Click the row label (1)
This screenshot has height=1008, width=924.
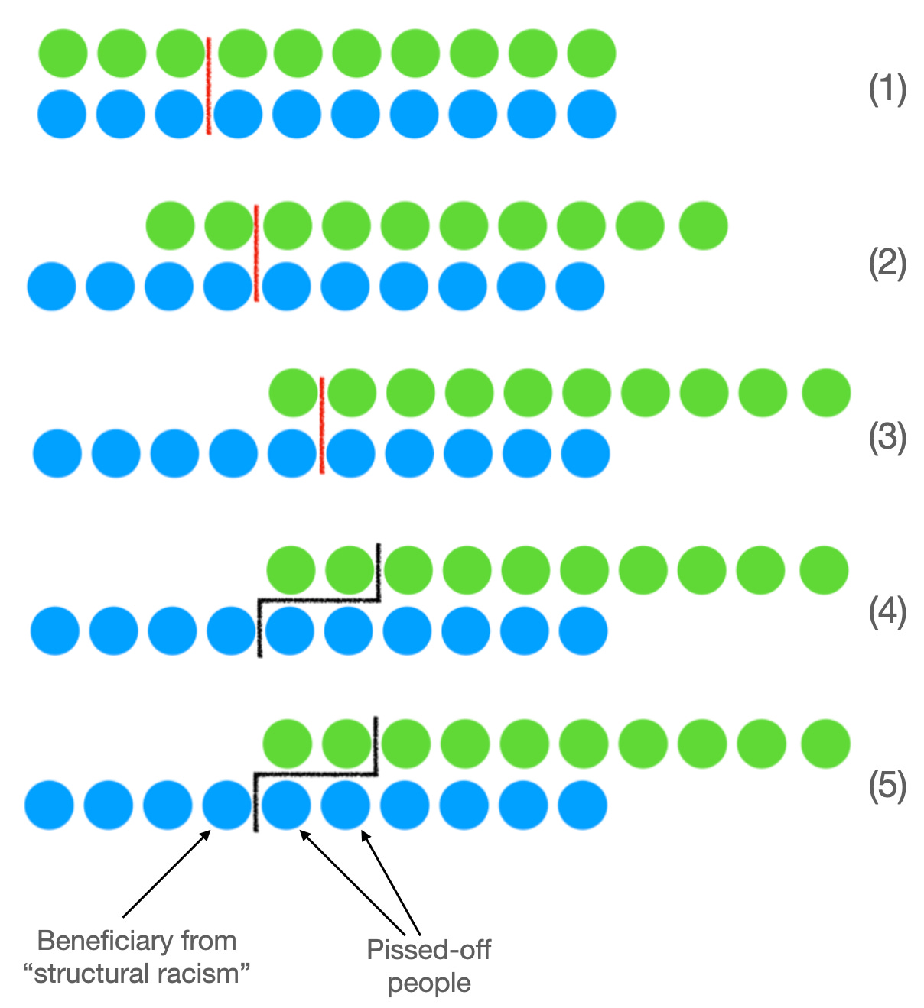pos(887,90)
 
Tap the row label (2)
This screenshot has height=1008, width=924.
pos(887,264)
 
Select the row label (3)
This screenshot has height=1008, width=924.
pos(887,438)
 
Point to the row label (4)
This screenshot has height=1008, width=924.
pos(887,611)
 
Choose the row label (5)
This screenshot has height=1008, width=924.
pos(887,785)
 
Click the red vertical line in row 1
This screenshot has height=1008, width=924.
pos(208,86)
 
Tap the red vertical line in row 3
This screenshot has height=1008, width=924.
pos(321,425)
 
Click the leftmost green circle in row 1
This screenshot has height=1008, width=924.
pos(63,53)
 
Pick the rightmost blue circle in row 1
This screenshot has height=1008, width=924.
pos(591,115)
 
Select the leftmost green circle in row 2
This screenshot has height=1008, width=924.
pos(170,225)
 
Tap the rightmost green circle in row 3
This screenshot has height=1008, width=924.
pos(826,393)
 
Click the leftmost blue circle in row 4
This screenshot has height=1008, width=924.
pos(55,631)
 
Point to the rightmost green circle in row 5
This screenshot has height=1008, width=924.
pos(826,743)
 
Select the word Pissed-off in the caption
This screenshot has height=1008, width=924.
pos(428,950)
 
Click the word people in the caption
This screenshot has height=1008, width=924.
pos(428,983)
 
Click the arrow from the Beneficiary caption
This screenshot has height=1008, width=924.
pos(165,874)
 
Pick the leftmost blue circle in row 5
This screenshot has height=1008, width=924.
pos(49,805)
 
